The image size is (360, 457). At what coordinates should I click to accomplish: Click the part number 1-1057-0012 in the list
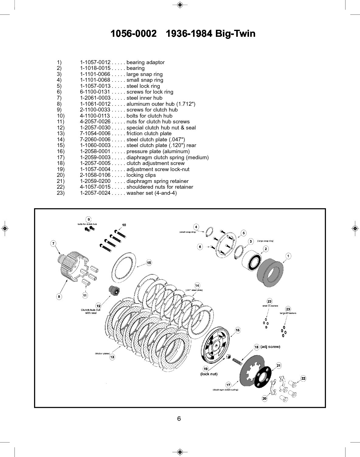coord(95,62)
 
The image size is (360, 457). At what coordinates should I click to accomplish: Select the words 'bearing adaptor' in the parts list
coord(145,62)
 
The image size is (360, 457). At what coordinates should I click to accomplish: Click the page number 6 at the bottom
coord(179,418)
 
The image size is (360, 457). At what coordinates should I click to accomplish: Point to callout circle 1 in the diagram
coord(288,256)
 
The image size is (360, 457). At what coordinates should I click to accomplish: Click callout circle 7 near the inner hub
coord(53,243)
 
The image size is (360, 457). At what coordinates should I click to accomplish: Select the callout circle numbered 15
coord(149,263)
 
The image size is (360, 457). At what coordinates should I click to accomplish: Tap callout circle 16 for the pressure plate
coord(237,330)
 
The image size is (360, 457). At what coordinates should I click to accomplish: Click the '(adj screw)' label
coord(270,347)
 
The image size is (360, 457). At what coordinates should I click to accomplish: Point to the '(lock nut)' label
coord(209,374)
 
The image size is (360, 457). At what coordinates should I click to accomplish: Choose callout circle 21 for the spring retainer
coord(279,365)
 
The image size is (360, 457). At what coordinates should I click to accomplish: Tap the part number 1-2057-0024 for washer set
coord(95,193)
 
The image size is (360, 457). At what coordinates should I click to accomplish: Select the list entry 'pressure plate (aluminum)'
coord(158,151)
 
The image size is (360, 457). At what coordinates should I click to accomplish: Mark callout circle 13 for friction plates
coord(112,357)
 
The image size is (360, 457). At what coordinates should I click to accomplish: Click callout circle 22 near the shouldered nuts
coord(303,378)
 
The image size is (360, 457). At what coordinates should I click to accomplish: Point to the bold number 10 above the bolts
coord(124,225)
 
